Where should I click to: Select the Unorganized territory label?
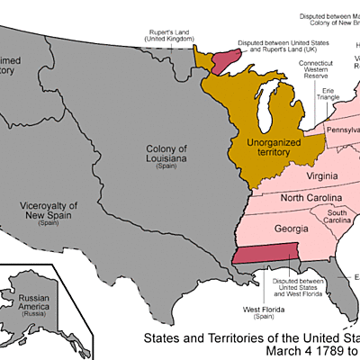[x=261, y=147]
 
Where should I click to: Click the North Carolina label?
[x=310, y=198]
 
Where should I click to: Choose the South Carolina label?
[x=337, y=216]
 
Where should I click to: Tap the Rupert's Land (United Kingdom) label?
[x=168, y=36]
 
